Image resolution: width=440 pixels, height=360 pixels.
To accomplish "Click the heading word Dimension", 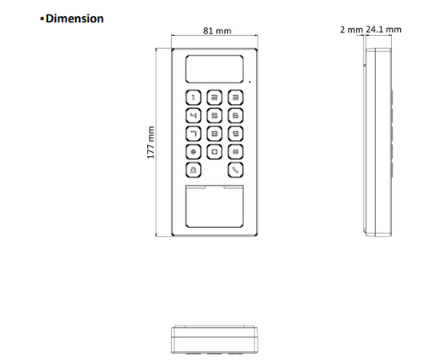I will [74, 18].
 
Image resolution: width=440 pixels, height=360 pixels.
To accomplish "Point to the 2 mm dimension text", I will [350, 30].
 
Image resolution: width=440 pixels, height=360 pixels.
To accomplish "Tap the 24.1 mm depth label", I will [384, 30].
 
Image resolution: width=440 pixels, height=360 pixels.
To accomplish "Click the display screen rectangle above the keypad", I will [214, 70].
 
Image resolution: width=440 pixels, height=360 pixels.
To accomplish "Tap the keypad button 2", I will [214, 98].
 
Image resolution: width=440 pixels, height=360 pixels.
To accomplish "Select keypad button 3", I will [234, 98].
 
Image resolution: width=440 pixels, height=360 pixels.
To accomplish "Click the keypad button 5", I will [214, 115].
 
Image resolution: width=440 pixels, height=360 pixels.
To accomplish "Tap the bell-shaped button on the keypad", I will [193, 169].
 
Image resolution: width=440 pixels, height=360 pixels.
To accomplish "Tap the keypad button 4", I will [193, 115].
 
